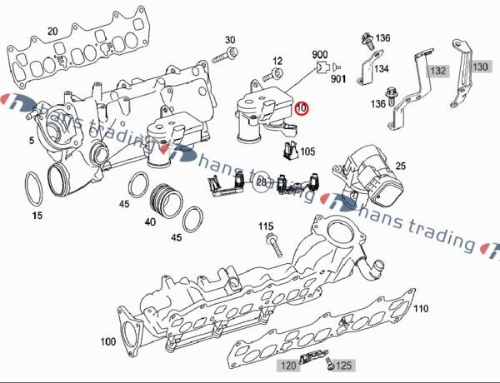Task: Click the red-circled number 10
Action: [301, 108]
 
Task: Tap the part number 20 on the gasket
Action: [53, 32]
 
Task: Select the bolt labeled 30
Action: [227, 55]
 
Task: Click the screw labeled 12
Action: [273, 75]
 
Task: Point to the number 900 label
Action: [319, 54]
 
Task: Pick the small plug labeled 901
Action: [336, 67]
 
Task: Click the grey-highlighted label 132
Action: [437, 71]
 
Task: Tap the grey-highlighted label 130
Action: [480, 67]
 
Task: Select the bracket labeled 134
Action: [370, 67]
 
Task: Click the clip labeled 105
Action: [290, 151]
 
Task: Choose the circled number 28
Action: [261, 182]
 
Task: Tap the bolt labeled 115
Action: [273, 244]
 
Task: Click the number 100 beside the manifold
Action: [108, 342]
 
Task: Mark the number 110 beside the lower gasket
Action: [421, 308]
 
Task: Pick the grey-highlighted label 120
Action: [288, 366]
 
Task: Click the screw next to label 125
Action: [330, 363]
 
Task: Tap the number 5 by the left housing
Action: [32, 140]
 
